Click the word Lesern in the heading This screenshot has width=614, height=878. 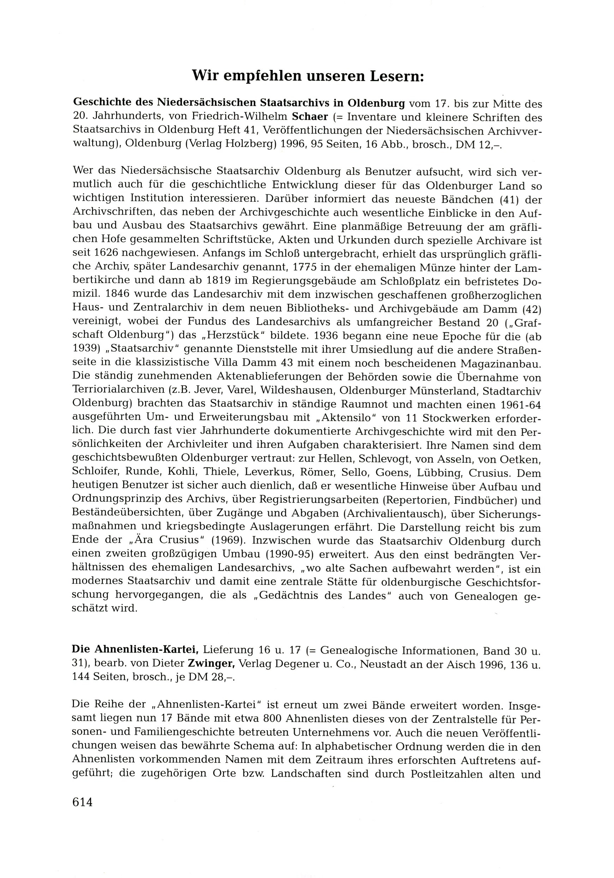tap(395, 76)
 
